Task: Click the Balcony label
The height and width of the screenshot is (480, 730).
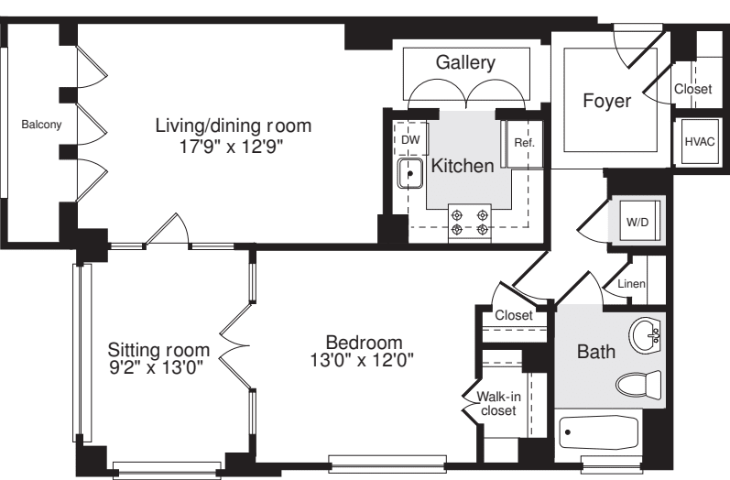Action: (x=42, y=125)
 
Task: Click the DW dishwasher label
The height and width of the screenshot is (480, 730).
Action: (x=411, y=138)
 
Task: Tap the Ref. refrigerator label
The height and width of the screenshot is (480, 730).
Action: (x=524, y=143)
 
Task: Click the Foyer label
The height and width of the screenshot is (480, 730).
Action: (x=606, y=101)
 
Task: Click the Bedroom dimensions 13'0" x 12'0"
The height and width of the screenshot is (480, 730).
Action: (x=362, y=360)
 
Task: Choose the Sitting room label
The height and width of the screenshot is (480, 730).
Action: (x=158, y=350)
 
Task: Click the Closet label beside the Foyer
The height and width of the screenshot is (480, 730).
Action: (x=692, y=89)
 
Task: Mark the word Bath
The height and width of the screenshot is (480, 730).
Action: (x=595, y=350)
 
